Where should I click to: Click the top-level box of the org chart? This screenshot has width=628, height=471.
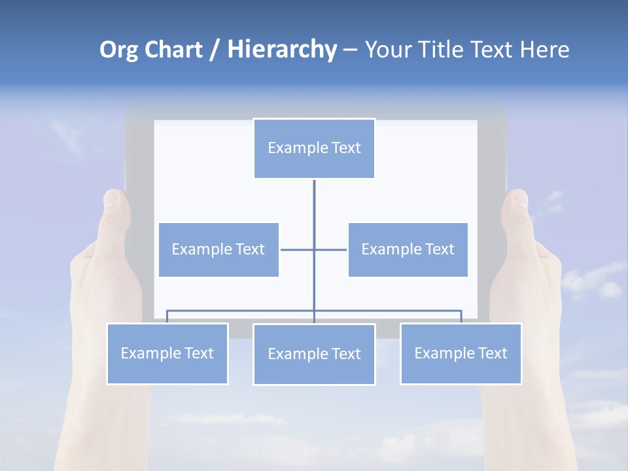coord(314,148)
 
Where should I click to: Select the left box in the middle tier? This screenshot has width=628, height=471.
coord(218,249)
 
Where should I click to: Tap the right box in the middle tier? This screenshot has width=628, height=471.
coord(408,249)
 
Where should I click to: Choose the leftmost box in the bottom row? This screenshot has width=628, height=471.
coord(167,353)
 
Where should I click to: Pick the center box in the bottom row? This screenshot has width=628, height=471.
coord(314,354)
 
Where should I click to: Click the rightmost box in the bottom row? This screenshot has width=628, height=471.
coord(461,353)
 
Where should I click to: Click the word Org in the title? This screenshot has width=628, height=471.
coord(118,50)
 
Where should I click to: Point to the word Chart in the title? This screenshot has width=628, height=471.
coord(173,50)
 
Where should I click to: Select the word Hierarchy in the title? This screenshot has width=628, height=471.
coord(282,50)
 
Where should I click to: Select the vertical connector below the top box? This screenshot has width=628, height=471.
coord(314,209)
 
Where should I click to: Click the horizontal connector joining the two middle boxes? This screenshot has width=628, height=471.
coord(298,249)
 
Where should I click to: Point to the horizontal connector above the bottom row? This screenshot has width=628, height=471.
coord(242,311)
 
